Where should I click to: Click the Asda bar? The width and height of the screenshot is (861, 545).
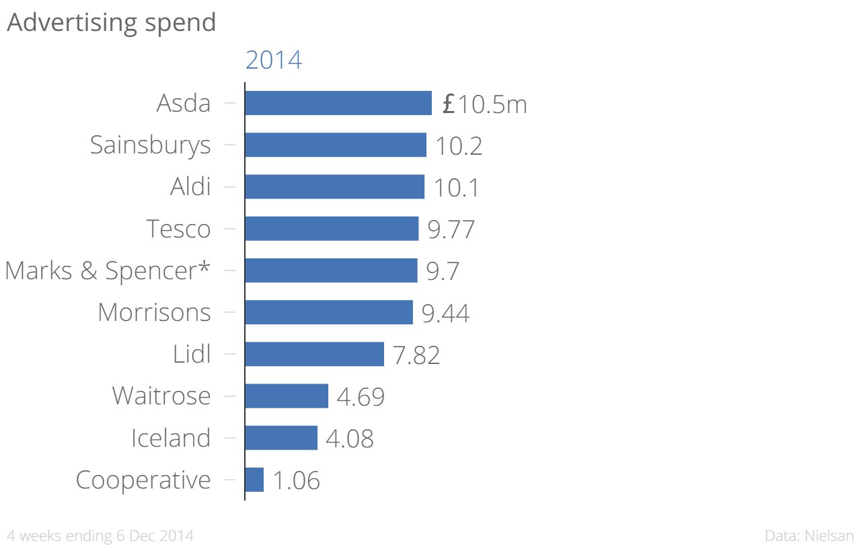[338, 103]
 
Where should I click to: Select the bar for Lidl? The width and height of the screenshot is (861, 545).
[314, 354]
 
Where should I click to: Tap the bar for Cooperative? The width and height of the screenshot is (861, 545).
[254, 480]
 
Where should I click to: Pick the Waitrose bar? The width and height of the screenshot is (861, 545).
[287, 396]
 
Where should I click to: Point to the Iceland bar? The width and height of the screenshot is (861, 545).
[281, 437]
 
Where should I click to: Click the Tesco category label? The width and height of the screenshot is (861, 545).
[178, 229]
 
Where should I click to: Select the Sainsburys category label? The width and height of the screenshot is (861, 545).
[150, 145]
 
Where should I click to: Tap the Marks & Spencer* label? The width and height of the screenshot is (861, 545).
[107, 270]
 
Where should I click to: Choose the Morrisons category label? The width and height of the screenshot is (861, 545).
[154, 312]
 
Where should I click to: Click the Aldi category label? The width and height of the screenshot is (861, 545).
[190, 187]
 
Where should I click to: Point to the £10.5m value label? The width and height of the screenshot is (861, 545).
[484, 104]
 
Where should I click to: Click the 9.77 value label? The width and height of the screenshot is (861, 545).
[451, 229]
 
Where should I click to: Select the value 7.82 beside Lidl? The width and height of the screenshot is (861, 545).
[416, 355]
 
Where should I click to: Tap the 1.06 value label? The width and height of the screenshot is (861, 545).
[296, 480]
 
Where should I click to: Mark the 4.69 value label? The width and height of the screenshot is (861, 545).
[361, 397]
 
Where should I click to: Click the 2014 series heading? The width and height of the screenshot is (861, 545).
[274, 61]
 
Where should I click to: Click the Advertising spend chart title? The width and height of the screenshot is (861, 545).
[112, 22]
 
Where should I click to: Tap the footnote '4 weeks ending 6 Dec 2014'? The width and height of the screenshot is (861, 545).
[100, 536]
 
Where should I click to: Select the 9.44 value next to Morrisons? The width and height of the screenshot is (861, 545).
[445, 313]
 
